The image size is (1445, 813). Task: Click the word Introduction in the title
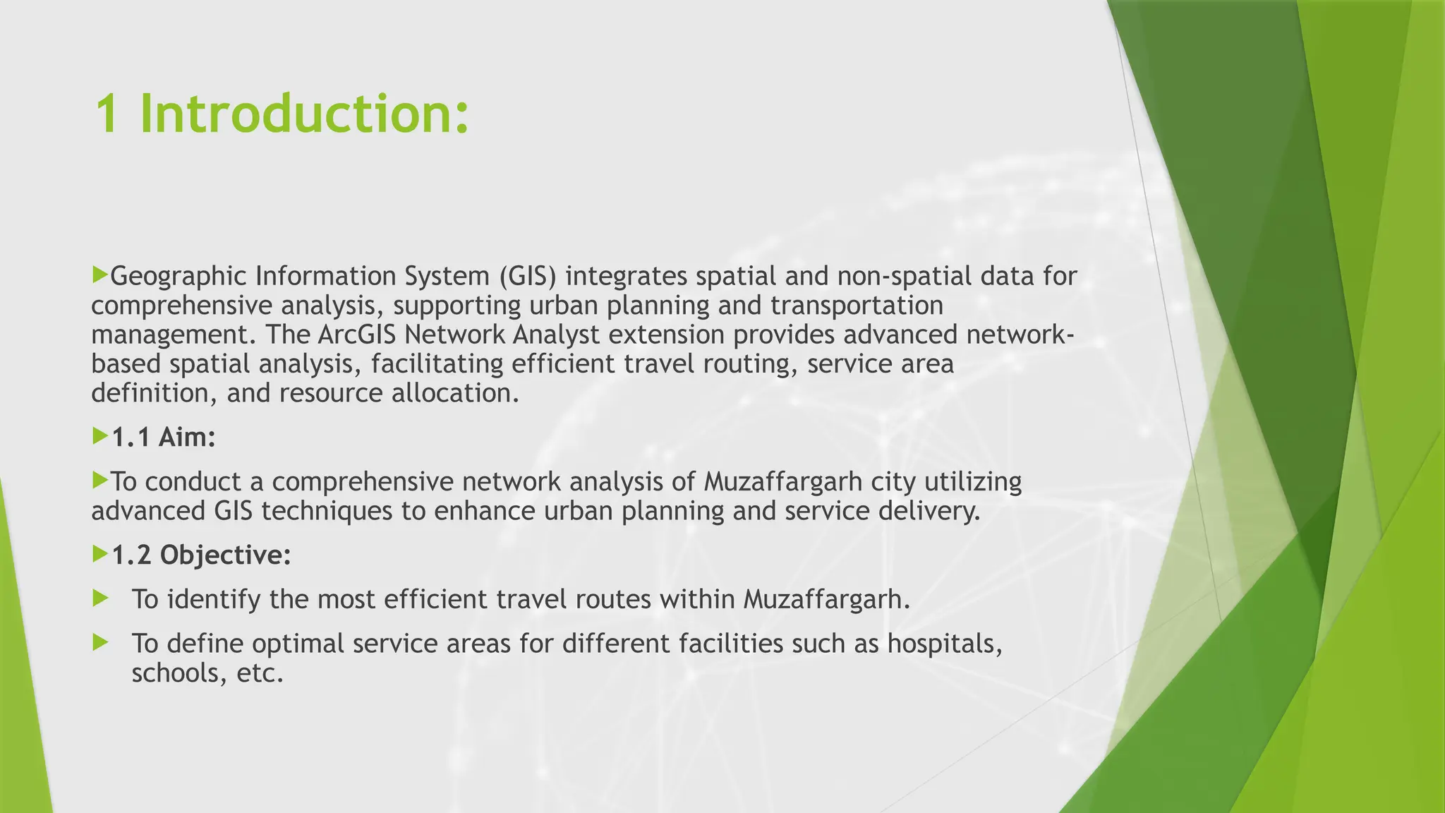(x=304, y=114)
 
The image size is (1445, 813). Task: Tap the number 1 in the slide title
(x=107, y=114)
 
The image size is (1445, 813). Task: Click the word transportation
(x=857, y=306)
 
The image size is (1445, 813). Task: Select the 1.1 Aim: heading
(x=164, y=438)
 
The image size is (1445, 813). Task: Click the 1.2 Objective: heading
(x=202, y=555)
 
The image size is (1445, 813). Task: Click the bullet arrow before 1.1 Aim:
(x=100, y=437)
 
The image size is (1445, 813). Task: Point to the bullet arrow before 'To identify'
(x=100, y=599)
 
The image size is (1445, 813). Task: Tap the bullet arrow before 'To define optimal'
(x=100, y=643)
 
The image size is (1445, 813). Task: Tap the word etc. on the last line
(x=260, y=673)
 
